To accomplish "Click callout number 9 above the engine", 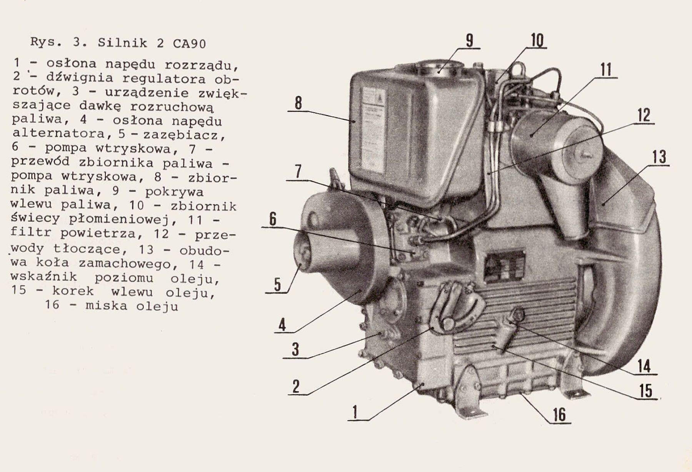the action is point(469,41).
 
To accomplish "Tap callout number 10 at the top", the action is point(537,40).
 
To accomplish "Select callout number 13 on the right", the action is point(659,157).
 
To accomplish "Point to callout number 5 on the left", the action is point(277,285).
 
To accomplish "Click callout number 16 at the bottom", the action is point(559,415).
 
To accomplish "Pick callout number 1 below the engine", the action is point(355,412).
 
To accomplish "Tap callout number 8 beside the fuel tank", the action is point(298,103).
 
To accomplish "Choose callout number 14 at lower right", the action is point(644,366).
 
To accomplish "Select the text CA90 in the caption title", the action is point(189,43).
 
